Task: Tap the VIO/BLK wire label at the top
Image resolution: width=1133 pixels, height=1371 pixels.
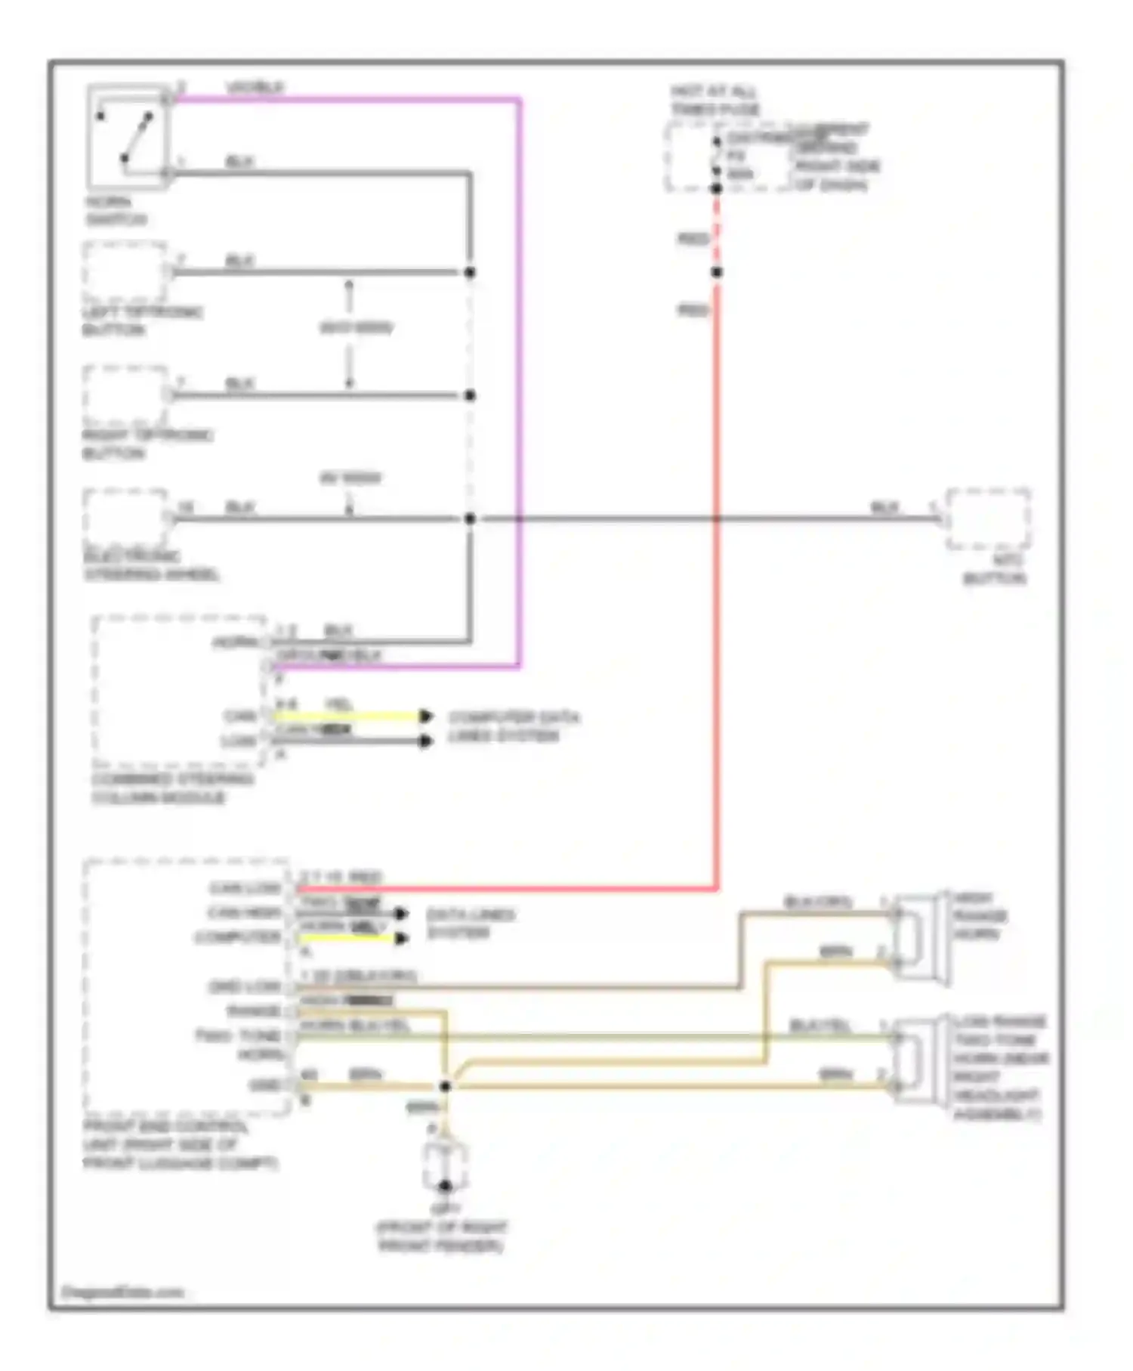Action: coord(255,88)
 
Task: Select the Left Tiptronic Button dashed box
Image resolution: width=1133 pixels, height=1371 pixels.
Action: coord(125,272)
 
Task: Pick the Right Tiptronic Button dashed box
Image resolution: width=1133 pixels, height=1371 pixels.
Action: coord(125,395)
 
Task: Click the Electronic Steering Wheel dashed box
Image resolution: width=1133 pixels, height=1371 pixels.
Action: coord(125,518)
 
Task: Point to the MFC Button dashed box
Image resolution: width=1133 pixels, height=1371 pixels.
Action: coord(989,519)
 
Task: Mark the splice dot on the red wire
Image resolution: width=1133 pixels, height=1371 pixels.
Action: coord(717,272)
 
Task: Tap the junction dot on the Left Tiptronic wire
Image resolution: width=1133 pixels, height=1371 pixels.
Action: coord(470,272)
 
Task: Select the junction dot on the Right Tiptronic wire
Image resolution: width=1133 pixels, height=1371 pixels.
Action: coord(470,395)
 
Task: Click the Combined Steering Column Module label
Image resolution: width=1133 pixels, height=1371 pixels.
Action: coord(172,788)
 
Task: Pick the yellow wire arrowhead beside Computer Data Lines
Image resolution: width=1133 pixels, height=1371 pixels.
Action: coord(427,716)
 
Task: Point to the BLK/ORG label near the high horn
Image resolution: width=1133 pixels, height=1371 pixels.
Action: coord(817,902)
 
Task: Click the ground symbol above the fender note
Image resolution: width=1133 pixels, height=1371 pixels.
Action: coord(445,1168)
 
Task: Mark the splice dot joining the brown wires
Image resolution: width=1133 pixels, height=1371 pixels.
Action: coord(446,1086)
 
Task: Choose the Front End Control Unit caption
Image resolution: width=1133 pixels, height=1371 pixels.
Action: coord(180,1145)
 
